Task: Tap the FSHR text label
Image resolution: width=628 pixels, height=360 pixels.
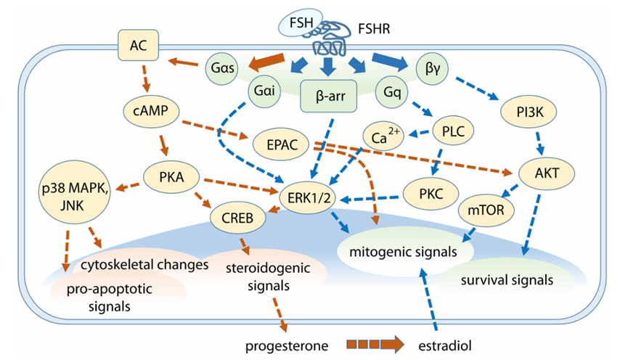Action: click(377, 30)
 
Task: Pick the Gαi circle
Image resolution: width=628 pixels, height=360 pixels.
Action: click(264, 93)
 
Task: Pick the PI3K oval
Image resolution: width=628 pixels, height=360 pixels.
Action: click(524, 112)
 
